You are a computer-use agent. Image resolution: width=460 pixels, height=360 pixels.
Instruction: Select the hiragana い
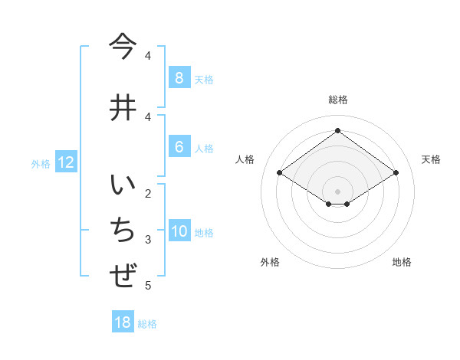click(x=123, y=188)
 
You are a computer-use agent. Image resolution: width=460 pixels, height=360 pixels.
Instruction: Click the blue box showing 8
click(x=179, y=78)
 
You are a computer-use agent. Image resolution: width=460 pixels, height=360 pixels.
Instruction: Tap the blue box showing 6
click(x=179, y=147)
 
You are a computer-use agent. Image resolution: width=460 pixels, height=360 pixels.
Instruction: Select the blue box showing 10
click(x=179, y=232)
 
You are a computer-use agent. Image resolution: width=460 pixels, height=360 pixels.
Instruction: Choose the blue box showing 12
click(x=65, y=162)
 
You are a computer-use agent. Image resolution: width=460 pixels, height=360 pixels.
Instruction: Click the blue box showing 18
click(x=123, y=322)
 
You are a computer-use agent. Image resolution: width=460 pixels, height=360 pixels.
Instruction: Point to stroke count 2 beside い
click(x=148, y=192)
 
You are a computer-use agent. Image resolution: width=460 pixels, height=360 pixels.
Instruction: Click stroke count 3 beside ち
click(x=148, y=240)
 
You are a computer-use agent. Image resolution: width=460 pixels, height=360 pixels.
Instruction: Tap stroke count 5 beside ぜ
click(x=148, y=286)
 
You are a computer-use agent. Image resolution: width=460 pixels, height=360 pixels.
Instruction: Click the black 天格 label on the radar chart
click(x=431, y=159)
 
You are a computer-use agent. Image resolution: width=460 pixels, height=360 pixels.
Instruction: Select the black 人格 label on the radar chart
click(x=245, y=159)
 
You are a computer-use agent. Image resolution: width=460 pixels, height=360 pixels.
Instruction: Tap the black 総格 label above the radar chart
click(x=337, y=100)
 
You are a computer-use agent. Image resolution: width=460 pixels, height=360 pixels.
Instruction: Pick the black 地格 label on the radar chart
click(x=402, y=262)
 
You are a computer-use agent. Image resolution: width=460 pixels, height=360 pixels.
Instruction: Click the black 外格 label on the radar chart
click(x=270, y=262)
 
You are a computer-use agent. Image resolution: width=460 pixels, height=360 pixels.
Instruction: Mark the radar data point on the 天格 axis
click(x=396, y=173)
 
